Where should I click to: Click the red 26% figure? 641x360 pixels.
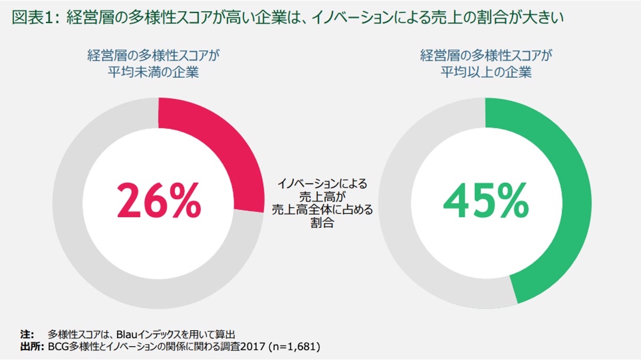(159, 201)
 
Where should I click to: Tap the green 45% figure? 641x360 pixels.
(486, 201)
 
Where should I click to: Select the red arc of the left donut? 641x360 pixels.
(229, 144)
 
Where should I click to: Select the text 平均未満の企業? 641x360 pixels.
(153, 72)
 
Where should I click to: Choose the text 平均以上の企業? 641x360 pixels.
(486, 72)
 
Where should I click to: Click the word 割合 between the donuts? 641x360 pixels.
(323, 223)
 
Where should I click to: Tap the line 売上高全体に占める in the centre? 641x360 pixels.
(323, 210)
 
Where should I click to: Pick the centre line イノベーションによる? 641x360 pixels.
(323, 184)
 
